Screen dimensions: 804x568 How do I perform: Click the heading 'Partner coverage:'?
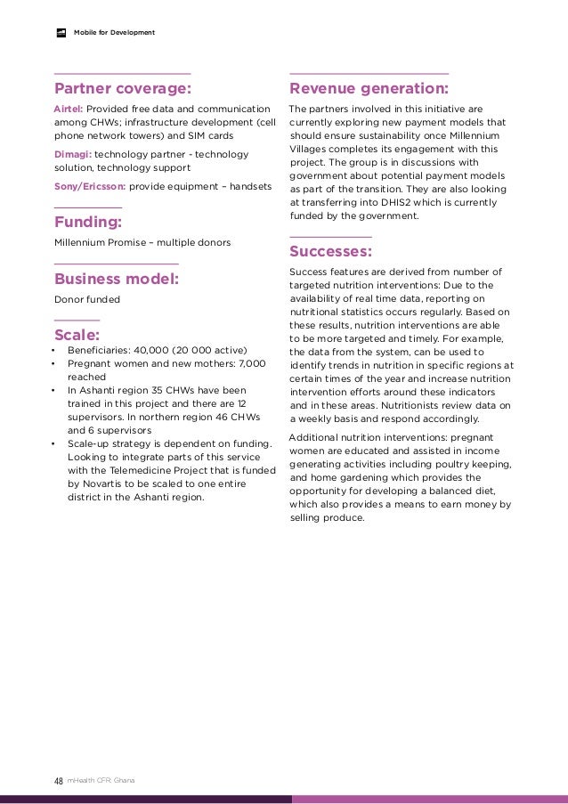coord(123,89)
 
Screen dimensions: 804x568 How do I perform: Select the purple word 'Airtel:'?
coord(69,109)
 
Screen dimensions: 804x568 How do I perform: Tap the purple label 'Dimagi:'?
coord(73,154)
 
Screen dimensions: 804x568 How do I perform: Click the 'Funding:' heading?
coord(88,222)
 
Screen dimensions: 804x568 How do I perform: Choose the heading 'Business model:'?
coord(117,279)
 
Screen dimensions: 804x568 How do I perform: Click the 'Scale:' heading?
coord(77,335)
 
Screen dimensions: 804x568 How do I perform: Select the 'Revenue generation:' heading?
coord(369,89)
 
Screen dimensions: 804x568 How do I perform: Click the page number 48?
coord(58,781)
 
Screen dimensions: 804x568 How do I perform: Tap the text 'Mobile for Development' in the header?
coord(114,33)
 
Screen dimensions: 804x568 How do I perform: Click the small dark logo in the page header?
coord(61,33)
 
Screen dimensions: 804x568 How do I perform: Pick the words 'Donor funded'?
coord(87,299)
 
